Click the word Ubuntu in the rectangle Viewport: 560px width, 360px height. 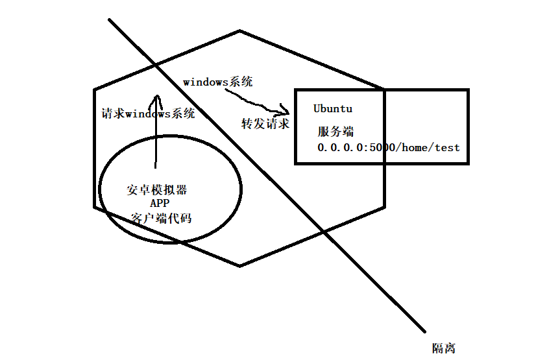[333, 108]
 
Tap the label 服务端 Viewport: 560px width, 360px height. [335, 131]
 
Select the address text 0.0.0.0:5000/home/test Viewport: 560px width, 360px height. [388, 148]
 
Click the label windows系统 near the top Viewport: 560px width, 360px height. [218, 82]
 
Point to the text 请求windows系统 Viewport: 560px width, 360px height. [149, 114]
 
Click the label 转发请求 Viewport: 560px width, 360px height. [265, 124]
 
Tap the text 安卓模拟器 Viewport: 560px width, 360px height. [157, 190]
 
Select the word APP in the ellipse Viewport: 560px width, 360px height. [159, 204]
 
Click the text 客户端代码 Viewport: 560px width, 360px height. [161, 219]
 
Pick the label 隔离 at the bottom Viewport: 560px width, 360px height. [444, 348]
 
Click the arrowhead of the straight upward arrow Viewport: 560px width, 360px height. [156, 97]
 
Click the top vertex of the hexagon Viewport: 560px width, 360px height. [240, 30]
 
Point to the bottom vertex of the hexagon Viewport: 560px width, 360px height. [240, 265]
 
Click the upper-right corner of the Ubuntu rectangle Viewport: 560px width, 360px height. [467, 90]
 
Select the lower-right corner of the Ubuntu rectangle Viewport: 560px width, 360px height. [467, 163]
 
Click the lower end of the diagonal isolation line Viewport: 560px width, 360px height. [425, 332]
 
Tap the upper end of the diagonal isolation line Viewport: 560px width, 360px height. [109, 19]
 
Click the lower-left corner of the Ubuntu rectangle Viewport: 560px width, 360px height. [295, 163]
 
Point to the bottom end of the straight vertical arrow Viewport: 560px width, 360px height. [156, 167]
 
